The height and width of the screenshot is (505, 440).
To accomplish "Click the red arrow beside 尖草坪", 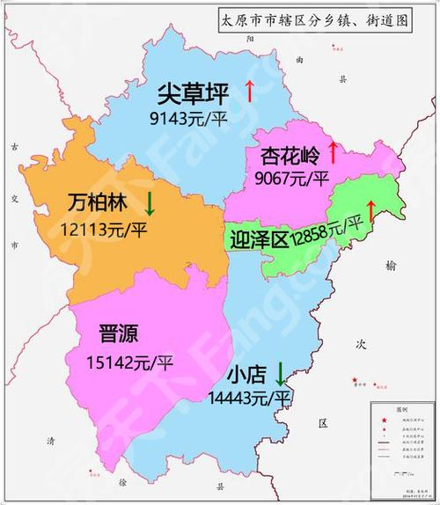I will [249, 90].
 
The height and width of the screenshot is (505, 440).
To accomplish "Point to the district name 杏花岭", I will [290, 157].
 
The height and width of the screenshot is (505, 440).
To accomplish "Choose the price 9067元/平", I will [291, 178].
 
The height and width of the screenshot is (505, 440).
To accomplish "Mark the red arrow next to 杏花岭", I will [333, 152].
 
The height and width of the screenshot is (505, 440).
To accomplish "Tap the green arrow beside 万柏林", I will [150, 204].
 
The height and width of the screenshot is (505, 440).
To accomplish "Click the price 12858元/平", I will [327, 231].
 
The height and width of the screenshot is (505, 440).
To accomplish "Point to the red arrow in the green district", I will [370, 211].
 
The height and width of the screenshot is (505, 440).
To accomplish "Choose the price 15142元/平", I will [130, 362].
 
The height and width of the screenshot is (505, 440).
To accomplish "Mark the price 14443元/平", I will [249, 399].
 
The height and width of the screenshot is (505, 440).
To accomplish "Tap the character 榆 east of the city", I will [391, 263].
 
